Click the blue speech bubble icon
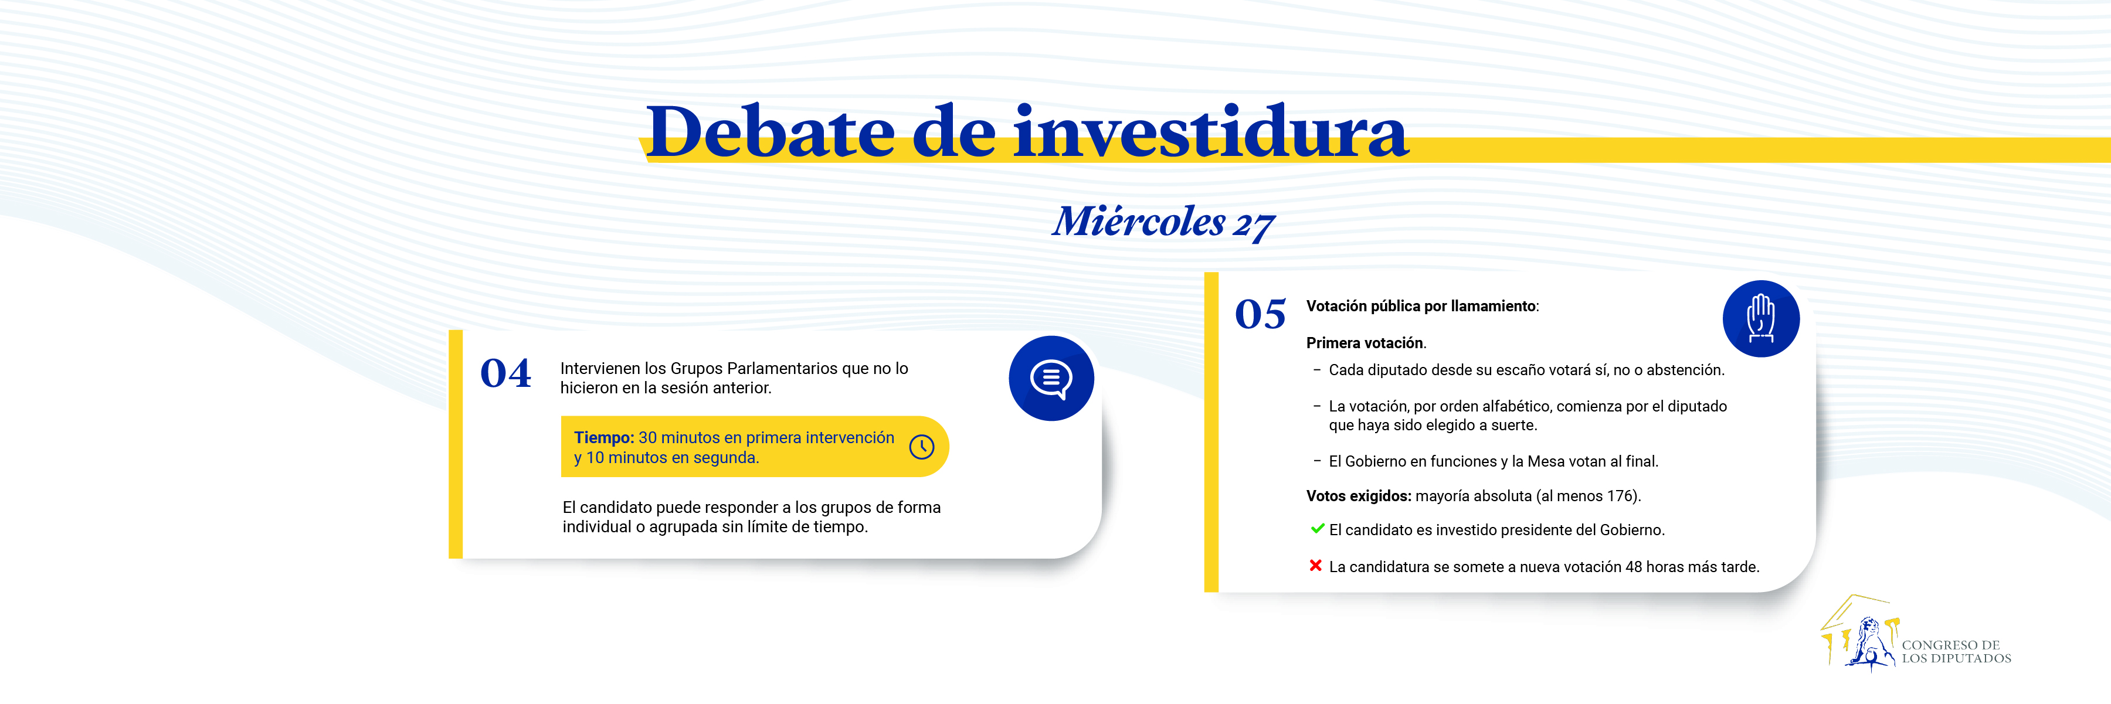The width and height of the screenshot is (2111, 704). [x=1051, y=379]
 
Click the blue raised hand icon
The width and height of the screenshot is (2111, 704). [x=1761, y=319]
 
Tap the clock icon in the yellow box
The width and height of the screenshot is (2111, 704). [x=922, y=447]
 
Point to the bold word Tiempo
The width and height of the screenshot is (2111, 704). [x=604, y=438]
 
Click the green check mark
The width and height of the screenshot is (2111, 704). [x=1317, y=529]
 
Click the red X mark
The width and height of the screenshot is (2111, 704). [x=1315, y=566]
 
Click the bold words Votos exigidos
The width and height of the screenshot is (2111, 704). [x=1359, y=496]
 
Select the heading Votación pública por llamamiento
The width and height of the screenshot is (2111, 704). [x=1422, y=307]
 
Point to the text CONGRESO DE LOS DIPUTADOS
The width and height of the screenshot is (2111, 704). [x=1956, y=652]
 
